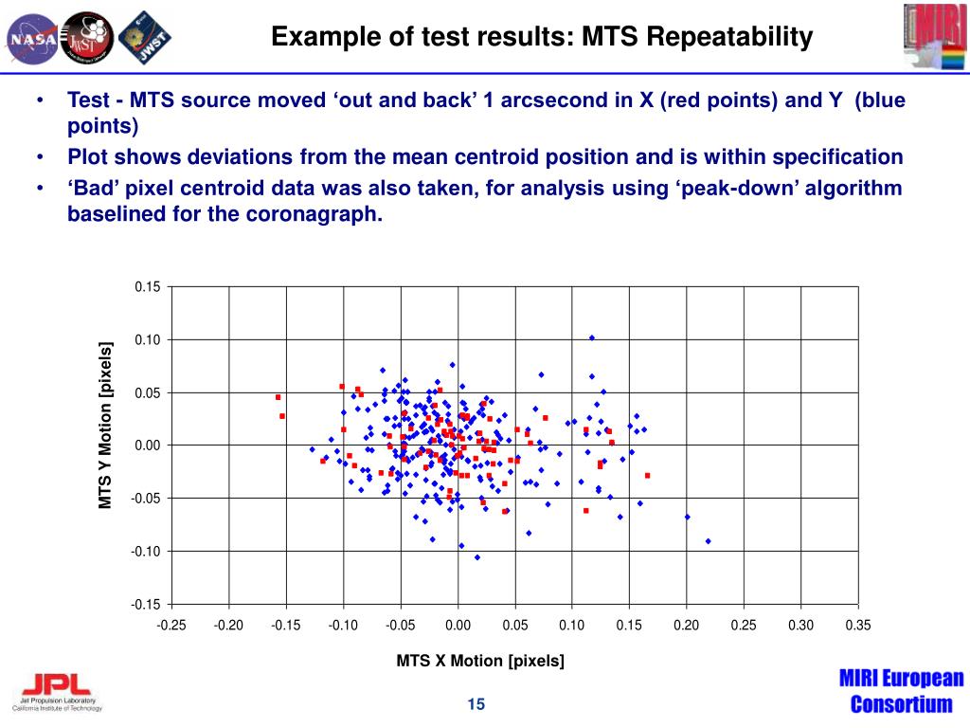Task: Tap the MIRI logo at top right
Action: [934, 37]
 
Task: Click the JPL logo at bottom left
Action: [57, 690]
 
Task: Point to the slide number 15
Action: [476, 703]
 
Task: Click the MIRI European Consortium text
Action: [901, 691]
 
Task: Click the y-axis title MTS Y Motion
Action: [106, 424]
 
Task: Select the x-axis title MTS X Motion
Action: [480, 661]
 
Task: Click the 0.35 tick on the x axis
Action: [857, 625]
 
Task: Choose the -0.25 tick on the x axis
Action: [172, 625]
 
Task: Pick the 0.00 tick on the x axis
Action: [458, 625]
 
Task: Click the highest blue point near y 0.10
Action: [592, 337]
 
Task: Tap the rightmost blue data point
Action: [708, 541]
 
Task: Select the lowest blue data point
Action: [477, 557]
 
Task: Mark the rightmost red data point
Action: [648, 475]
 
